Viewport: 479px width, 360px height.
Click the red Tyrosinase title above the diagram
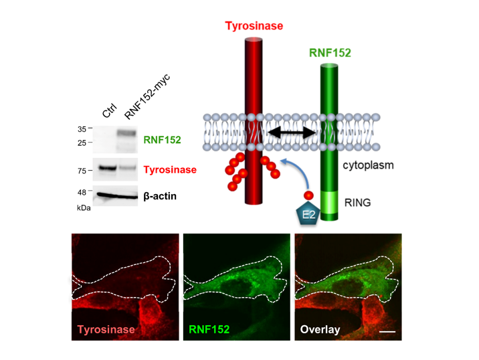254,26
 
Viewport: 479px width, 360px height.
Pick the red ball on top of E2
309,195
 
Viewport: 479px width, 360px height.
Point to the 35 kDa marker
81,128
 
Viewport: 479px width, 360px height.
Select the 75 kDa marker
81,171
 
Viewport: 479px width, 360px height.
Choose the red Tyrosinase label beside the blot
170,170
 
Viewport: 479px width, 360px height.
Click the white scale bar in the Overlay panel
390,330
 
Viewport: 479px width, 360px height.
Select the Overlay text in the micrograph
320,329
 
